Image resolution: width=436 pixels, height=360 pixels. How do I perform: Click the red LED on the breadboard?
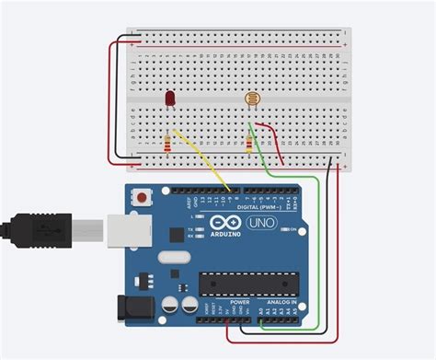(x=170, y=99)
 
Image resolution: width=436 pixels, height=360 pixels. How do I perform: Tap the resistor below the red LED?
(x=166, y=143)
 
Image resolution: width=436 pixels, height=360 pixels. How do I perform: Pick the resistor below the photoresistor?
(x=249, y=143)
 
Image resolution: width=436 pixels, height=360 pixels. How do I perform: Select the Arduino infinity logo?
(x=222, y=222)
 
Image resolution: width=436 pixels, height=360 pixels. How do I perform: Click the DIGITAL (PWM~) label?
(x=260, y=208)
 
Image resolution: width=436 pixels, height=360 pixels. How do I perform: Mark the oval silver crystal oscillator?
(x=173, y=262)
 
